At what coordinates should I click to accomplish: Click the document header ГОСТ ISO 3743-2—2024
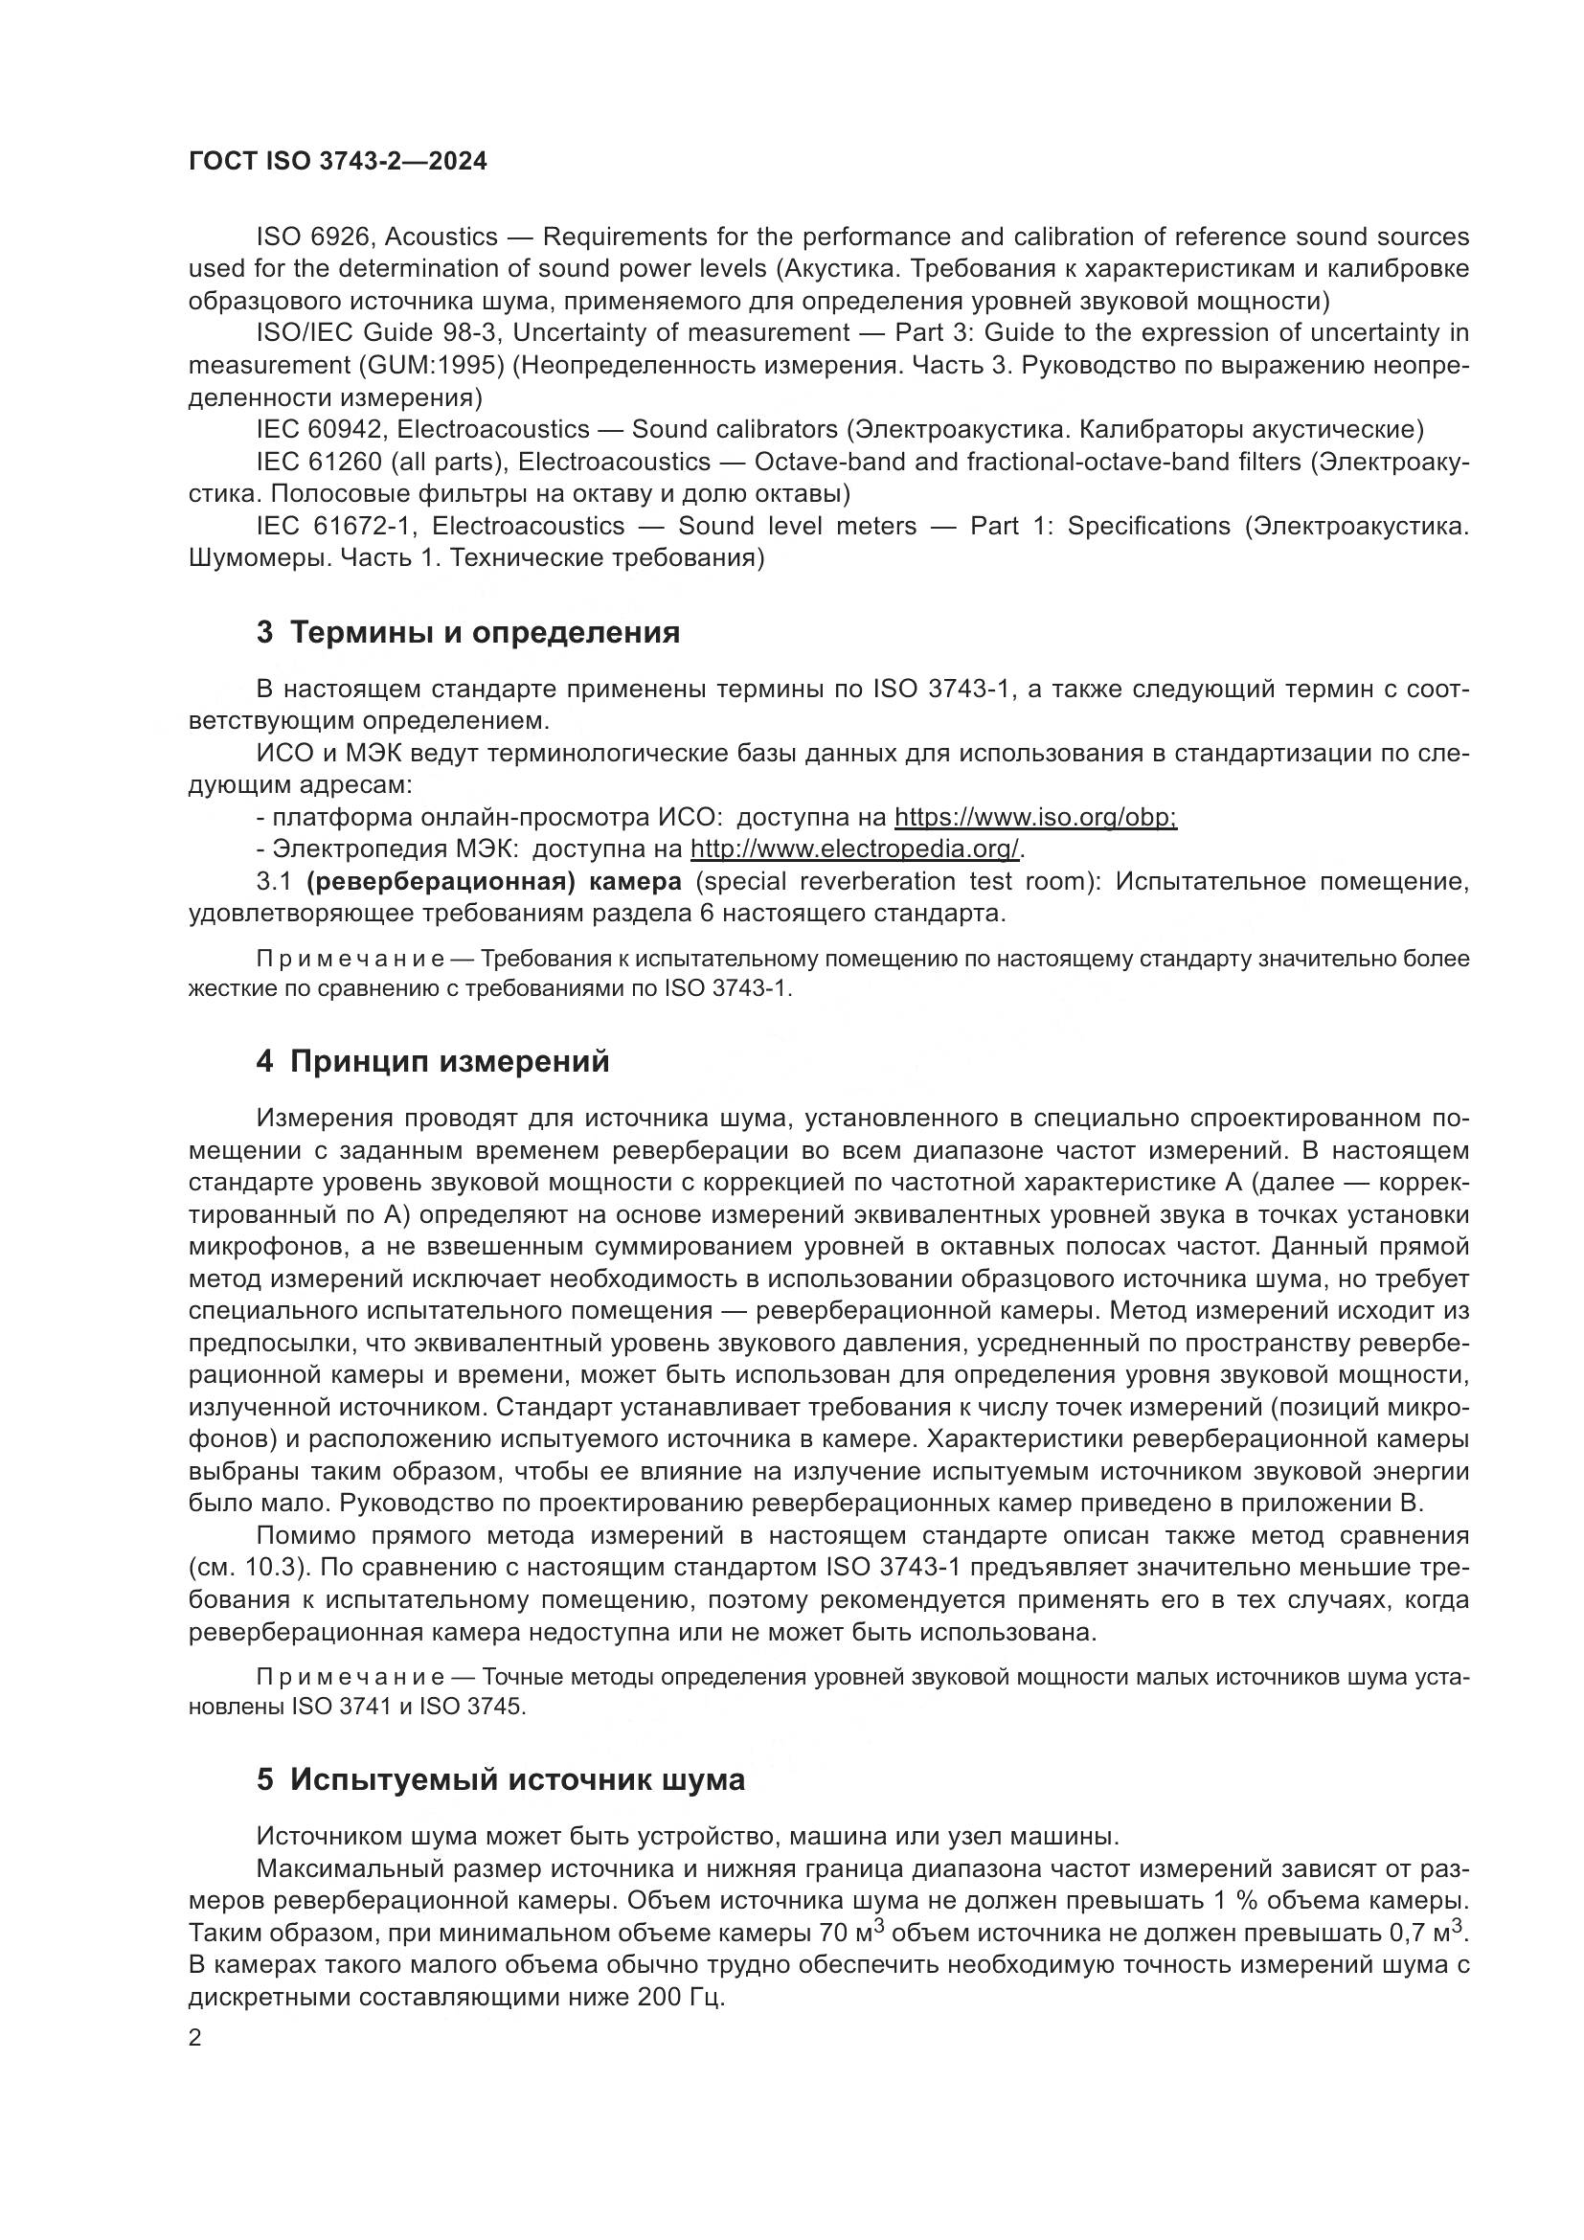pos(337,162)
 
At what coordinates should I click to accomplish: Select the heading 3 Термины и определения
pos(468,632)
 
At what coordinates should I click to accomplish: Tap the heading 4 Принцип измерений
pos(432,1061)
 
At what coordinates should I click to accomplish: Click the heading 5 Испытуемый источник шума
pos(500,1779)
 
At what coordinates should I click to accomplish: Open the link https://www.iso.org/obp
pos(1035,817)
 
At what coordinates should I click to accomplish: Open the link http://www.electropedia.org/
pos(855,848)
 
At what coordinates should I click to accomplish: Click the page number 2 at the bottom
pos(195,2038)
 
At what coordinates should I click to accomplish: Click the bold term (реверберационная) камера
pos(493,881)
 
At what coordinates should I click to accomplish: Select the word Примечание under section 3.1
pos(351,959)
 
